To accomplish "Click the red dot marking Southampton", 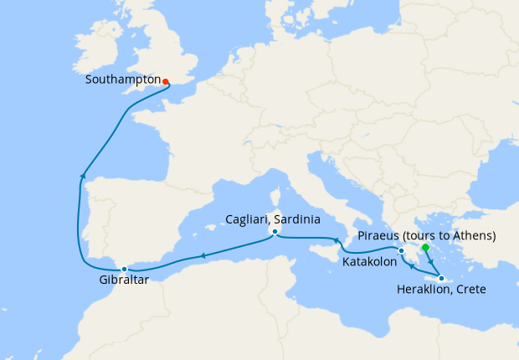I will (x=166, y=82).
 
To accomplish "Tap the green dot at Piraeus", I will (x=425, y=248).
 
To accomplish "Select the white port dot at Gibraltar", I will (x=124, y=269).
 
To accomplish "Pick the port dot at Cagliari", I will (x=274, y=232).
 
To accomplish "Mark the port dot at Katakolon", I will (x=402, y=250).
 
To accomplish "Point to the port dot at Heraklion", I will (x=440, y=278).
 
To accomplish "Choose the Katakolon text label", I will (x=370, y=262).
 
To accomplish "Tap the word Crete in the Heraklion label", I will (x=470, y=290).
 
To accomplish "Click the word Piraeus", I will (x=379, y=236).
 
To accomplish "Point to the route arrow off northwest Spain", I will (x=82, y=174).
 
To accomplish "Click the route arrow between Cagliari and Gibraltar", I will (x=202, y=256).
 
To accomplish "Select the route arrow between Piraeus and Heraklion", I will (x=430, y=261).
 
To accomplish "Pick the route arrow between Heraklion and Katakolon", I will (x=411, y=269).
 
